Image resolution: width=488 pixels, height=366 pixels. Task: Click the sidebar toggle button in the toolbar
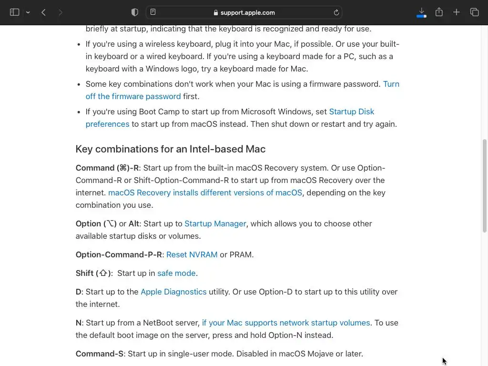point(15,12)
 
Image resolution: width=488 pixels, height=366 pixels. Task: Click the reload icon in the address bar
point(336,12)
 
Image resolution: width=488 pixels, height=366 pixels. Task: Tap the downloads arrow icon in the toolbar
point(421,12)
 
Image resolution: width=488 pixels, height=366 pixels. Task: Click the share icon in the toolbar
point(439,12)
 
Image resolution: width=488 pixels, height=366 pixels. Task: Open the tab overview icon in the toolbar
point(474,12)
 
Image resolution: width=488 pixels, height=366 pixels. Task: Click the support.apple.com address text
point(247,13)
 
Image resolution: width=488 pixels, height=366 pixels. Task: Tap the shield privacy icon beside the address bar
point(135,12)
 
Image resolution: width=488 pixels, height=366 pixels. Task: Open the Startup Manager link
point(215,224)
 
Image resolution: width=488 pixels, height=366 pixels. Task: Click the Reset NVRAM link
point(192,254)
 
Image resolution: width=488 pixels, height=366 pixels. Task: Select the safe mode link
point(176,273)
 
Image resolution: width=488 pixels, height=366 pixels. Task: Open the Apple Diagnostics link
point(173,292)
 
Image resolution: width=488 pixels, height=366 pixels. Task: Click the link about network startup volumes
point(285,323)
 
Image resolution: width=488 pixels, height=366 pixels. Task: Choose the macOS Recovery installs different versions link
point(205,193)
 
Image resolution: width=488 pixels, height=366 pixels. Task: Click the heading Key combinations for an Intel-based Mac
point(170,149)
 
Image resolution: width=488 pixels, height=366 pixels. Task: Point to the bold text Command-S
point(99,354)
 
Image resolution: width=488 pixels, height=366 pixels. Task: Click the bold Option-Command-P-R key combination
point(119,254)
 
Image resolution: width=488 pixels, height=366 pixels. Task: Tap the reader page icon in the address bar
point(153,12)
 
